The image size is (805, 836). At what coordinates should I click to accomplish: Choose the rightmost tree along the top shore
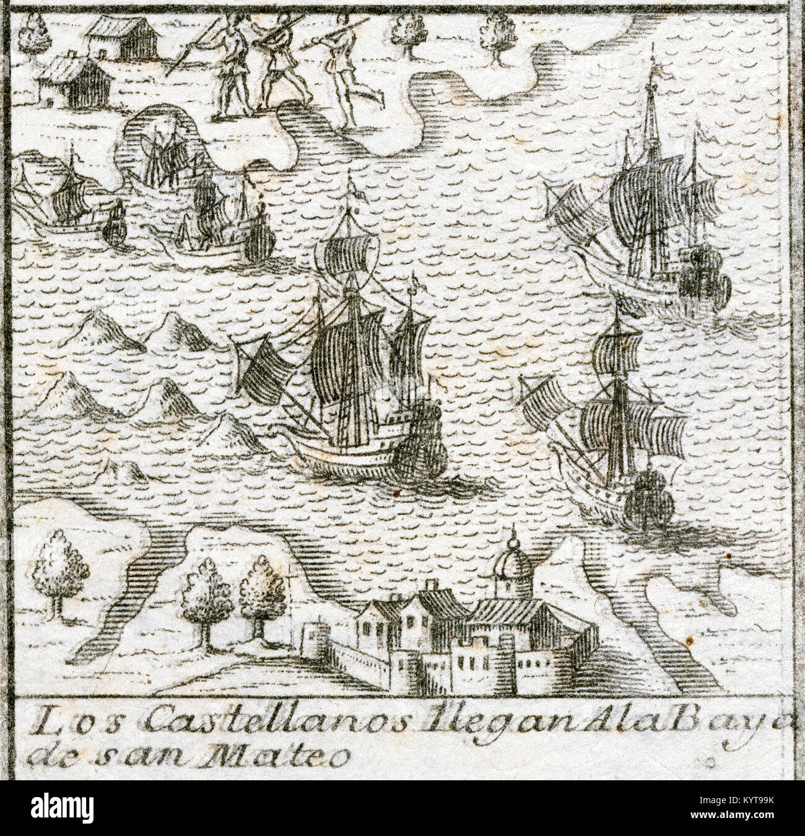(496, 31)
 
